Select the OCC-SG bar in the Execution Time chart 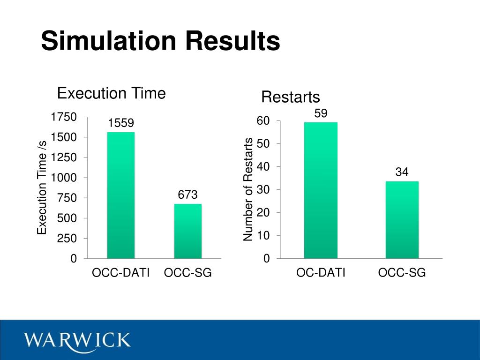188,231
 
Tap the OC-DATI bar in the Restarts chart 321,190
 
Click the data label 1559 121,123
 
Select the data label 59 321,113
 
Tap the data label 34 402,172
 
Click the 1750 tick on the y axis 64,117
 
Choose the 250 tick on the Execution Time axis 67,239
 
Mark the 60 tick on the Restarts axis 263,121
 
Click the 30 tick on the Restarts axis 263,190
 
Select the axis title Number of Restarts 248,190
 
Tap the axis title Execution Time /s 42,187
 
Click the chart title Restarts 291,97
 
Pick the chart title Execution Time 112,93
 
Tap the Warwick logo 78,339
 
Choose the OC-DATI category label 321,273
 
